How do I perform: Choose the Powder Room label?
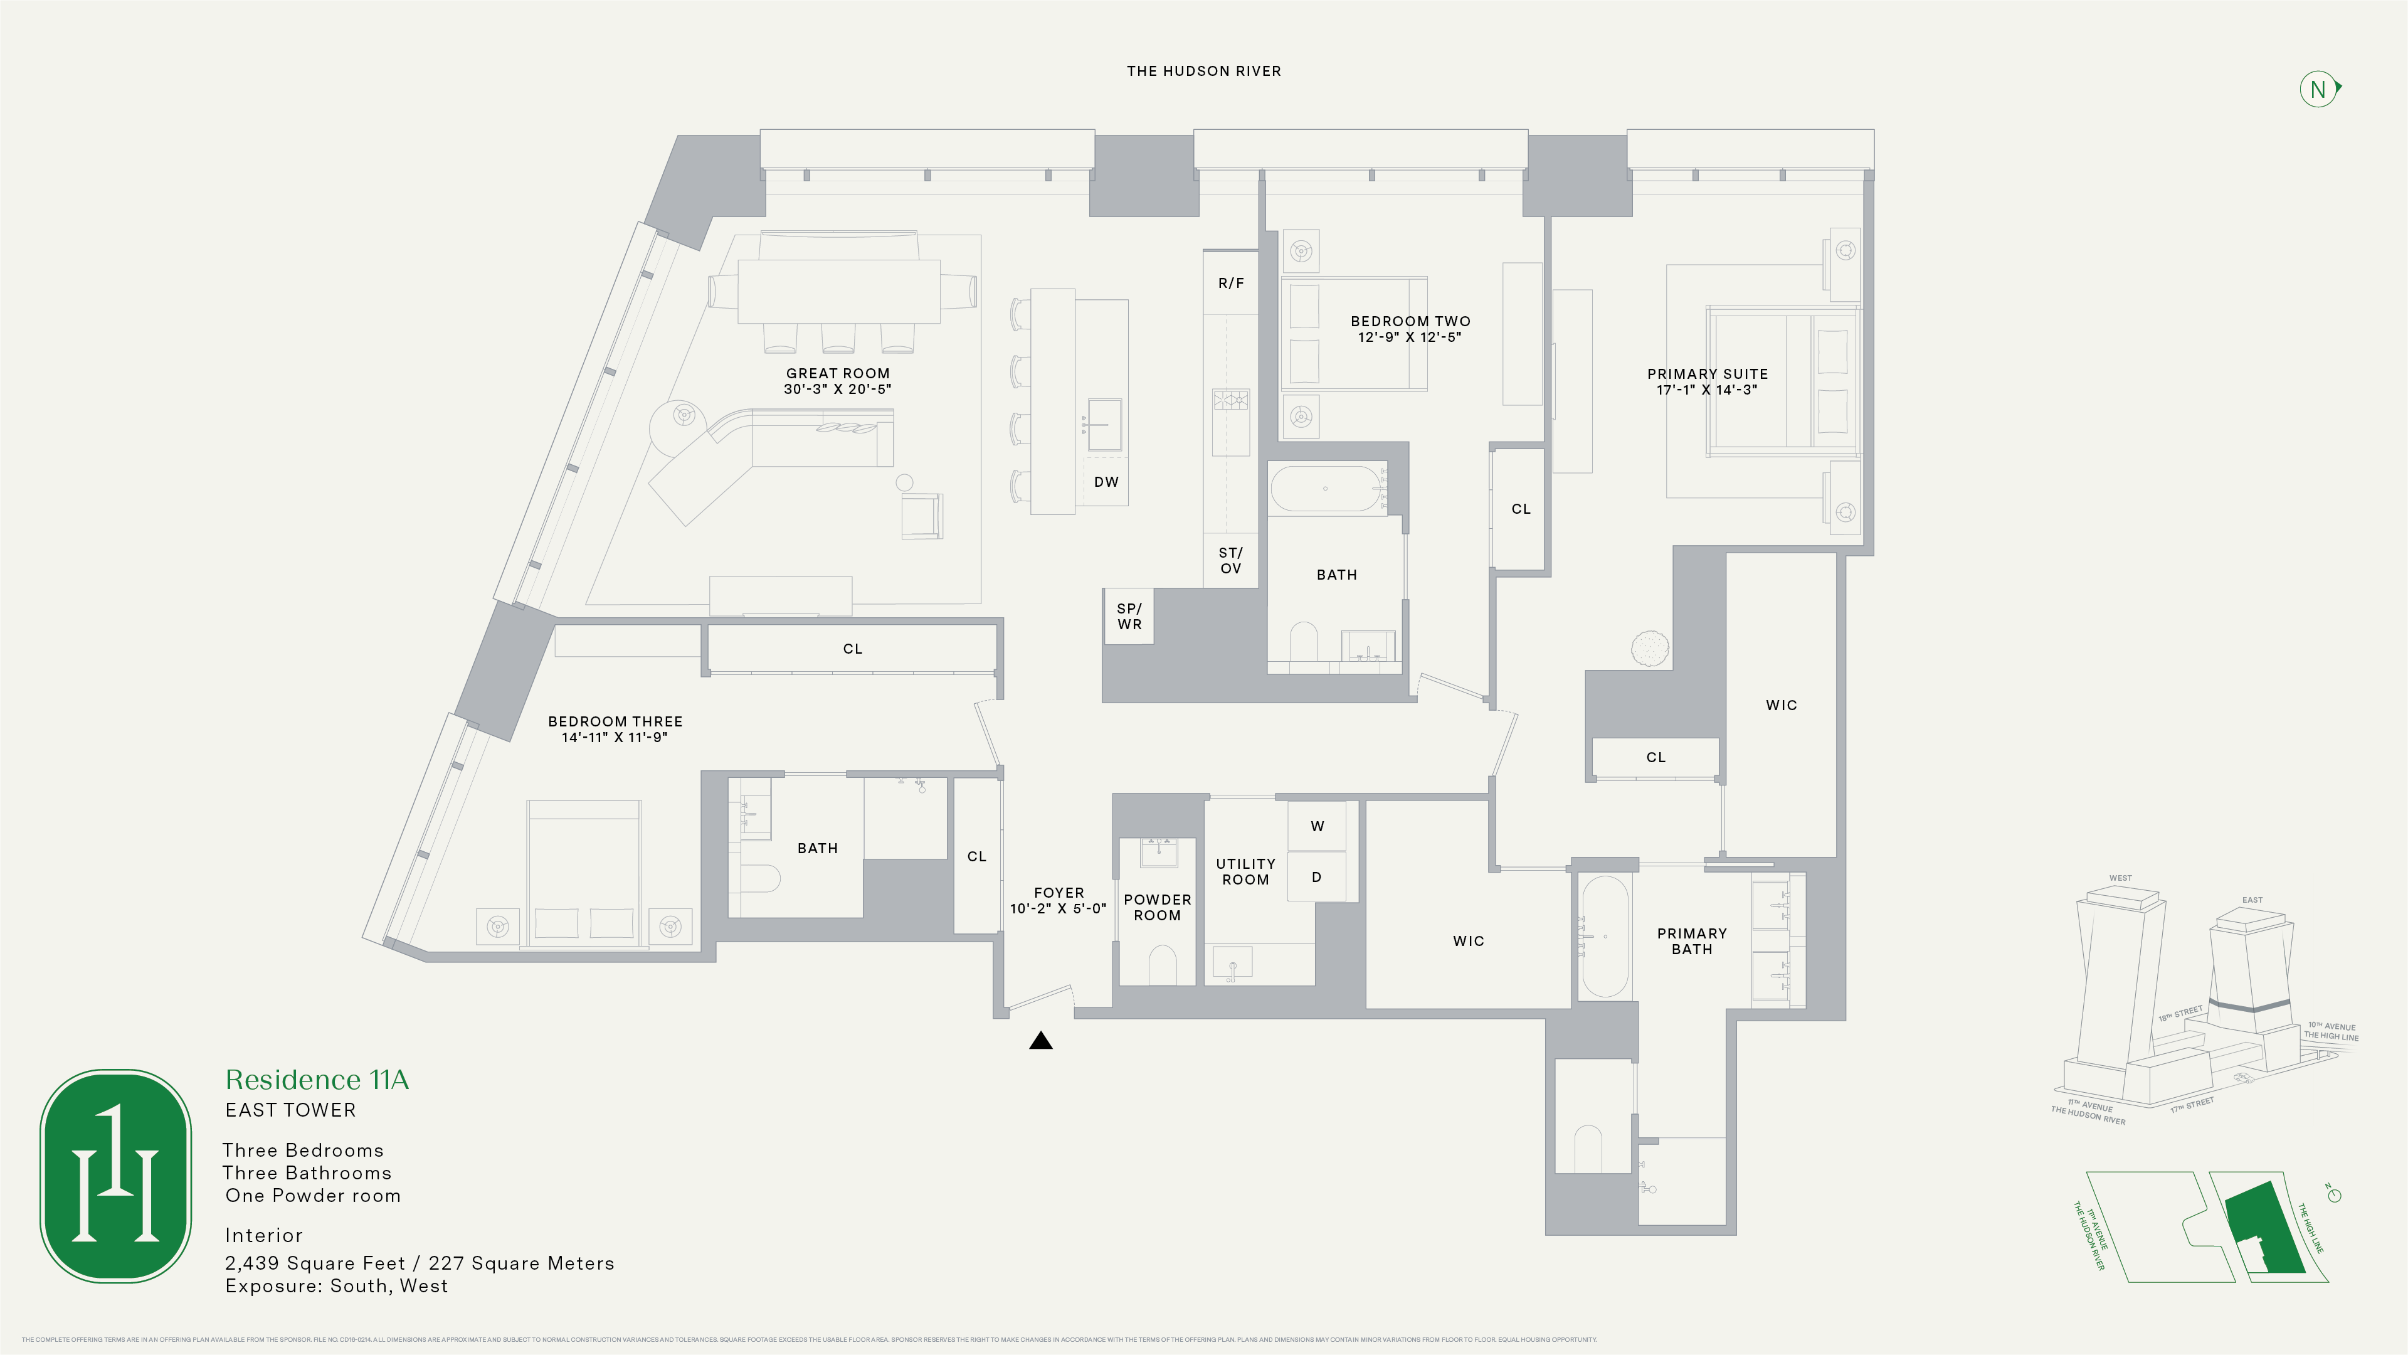pos(1157,907)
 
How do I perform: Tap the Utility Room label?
pos(1245,871)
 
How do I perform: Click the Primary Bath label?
pos(1691,941)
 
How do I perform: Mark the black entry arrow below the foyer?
pos(1040,1040)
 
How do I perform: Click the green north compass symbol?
pos(2318,90)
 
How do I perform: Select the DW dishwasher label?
pos(1106,482)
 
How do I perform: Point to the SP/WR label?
pos(1129,616)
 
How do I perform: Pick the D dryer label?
pos(1316,877)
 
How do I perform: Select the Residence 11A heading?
pos(317,1080)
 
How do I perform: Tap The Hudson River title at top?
pos(1203,71)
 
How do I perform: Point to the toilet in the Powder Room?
pos(1162,965)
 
